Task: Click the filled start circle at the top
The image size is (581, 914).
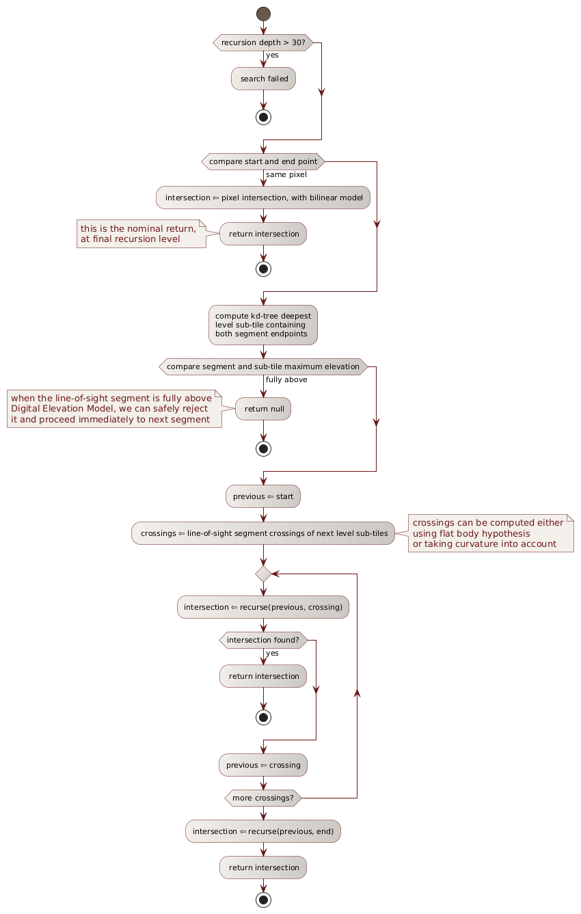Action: (263, 14)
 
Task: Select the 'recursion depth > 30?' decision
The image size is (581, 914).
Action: (263, 42)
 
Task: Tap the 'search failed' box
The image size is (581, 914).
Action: (263, 79)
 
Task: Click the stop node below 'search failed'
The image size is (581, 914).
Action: (263, 116)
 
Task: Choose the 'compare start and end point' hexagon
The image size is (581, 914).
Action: (263, 161)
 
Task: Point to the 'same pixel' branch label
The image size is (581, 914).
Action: (286, 174)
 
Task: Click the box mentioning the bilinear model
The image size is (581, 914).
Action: (263, 198)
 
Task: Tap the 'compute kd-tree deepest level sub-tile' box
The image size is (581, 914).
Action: (263, 325)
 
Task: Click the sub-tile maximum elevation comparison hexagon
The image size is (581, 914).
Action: (263, 366)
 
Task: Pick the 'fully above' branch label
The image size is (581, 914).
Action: (286, 379)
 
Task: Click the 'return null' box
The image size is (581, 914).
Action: (263, 408)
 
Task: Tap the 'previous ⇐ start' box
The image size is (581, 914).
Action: (263, 496)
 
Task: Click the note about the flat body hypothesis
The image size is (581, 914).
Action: (491, 533)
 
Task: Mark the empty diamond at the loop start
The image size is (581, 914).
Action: (263, 574)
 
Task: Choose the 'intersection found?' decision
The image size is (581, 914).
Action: (263, 640)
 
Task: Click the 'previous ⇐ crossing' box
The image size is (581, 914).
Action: (263, 764)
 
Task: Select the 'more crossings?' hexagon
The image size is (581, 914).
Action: (263, 798)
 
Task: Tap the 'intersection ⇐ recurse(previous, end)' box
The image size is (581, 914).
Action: (263, 831)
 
